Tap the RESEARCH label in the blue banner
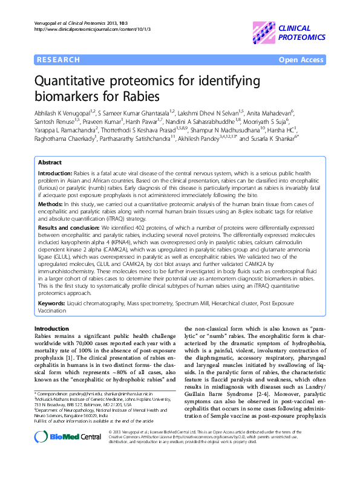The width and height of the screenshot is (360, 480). (x=58, y=60)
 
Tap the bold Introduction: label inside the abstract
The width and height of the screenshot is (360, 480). (x=56, y=174)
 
